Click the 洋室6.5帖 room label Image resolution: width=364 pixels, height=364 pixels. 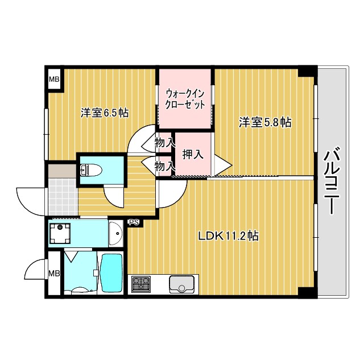pyautogui.click(x=104, y=113)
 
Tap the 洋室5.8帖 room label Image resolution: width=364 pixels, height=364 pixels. pyautogui.click(x=264, y=122)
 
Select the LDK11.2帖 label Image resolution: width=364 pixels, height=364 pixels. pyautogui.click(x=228, y=235)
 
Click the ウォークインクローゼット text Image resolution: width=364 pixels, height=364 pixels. pyautogui.click(x=185, y=99)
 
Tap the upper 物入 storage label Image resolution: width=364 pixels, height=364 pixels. pyautogui.click(x=165, y=143)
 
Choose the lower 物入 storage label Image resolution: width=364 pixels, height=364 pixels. pyautogui.click(x=165, y=166)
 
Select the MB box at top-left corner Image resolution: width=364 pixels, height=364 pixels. pyautogui.click(x=53, y=79)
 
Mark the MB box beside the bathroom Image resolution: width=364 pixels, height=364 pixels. pyautogui.click(x=53, y=274)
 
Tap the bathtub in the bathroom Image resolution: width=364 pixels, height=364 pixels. pyautogui.click(x=111, y=274)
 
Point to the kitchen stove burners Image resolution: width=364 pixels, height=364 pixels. pyautogui.click(x=140, y=284)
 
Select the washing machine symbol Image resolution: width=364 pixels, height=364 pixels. pyautogui.click(x=59, y=234)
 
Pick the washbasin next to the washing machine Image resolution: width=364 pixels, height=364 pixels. pyautogui.click(x=114, y=233)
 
